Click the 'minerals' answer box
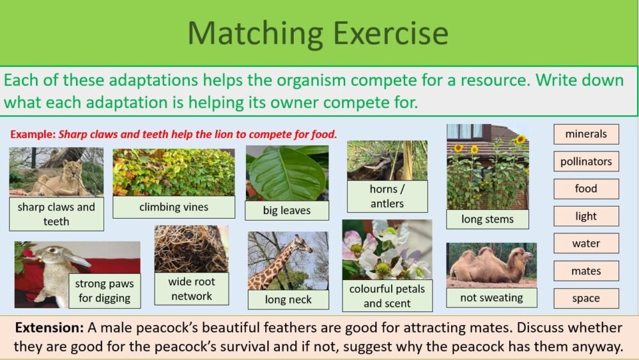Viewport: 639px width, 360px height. [x=586, y=134]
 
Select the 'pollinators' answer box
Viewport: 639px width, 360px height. [x=586, y=162]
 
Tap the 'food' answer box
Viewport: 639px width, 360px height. [x=586, y=189]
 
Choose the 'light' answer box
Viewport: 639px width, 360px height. [x=586, y=216]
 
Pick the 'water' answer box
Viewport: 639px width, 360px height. [x=586, y=244]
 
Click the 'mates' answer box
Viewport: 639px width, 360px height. [x=586, y=271]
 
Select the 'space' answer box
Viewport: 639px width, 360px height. [x=586, y=298]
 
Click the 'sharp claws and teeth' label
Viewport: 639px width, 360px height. [x=56, y=214]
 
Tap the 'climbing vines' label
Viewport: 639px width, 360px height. [x=174, y=207]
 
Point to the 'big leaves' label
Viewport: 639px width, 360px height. [x=287, y=210]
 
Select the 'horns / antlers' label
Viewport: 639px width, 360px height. [x=387, y=196]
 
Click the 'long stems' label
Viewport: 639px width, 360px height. [x=488, y=219]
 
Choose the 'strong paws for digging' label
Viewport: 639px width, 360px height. [x=104, y=290]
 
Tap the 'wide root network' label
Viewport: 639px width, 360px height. [x=192, y=288]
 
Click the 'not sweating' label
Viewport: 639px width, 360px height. [x=491, y=297]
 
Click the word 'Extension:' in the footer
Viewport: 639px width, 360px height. [x=49, y=328]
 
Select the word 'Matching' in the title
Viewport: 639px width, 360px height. [x=253, y=33]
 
